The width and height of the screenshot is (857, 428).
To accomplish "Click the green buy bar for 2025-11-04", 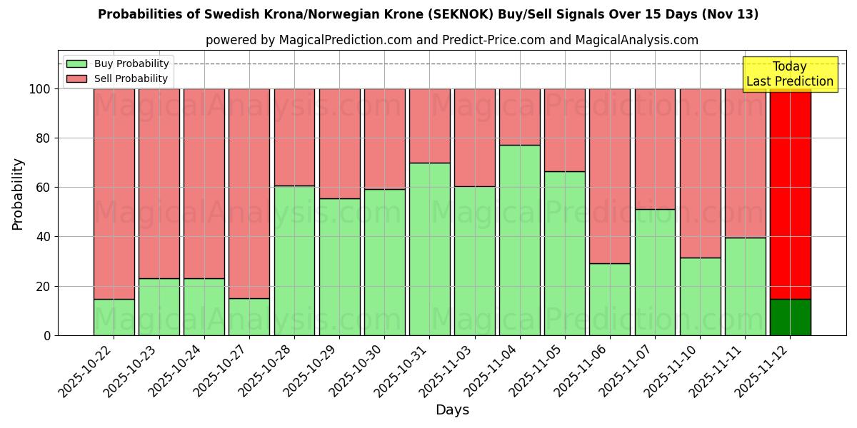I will (x=519, y=240).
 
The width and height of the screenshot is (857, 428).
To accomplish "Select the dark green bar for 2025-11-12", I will (x=790, y=317).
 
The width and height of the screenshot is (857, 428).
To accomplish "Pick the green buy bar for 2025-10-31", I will (x=429, y=249).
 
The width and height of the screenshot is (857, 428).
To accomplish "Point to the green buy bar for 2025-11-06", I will (x=610, y=299).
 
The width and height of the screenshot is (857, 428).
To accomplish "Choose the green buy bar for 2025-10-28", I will (x=294, y=260).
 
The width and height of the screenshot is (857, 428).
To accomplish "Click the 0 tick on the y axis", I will (x=47, y=335).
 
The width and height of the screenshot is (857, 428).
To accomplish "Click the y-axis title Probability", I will (x=18, y=194).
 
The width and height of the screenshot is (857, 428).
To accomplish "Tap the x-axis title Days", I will (x=452, y=410).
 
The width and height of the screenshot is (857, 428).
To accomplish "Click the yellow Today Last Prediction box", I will (x=790, y=74).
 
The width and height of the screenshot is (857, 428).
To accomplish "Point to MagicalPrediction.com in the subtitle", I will (x=345, y=41).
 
